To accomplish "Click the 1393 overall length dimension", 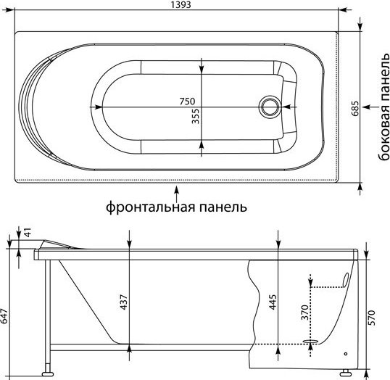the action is (181, 4).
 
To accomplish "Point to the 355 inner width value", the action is (196, 116).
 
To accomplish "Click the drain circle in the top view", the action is (270, 107).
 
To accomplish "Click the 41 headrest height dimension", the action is (28, 232).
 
